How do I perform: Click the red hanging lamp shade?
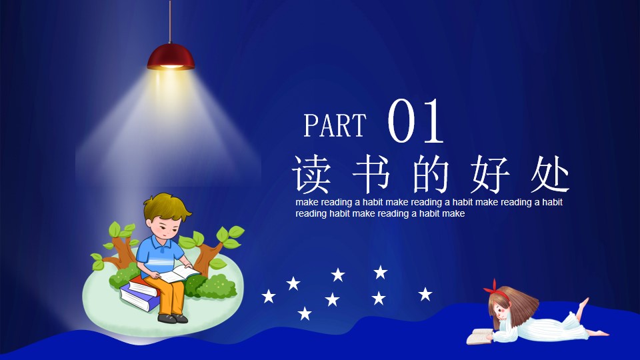[x=171, y=57]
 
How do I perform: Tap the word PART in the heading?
[x=335, y=125]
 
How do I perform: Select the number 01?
[x=415, y=121]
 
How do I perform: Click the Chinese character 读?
[x=311, y=174]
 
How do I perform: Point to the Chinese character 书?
[x=371, y=174]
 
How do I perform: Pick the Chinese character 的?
[x=431, y=174]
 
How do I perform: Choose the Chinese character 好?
[x=490, y=174]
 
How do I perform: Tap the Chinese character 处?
[x=550, y=174]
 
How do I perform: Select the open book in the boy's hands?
[x=179, y=273]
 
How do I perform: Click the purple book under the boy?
[x=139, y=299]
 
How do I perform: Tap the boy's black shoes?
[x=172, y=318]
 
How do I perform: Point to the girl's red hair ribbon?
[x=495, y=291]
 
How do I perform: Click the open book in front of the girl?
[x=480, y=336]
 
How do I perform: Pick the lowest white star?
[x=305, y=313]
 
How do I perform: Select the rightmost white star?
[x=425, y=294]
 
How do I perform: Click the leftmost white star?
[x=268, y=296]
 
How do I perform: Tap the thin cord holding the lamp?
[x=170, y=21]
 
